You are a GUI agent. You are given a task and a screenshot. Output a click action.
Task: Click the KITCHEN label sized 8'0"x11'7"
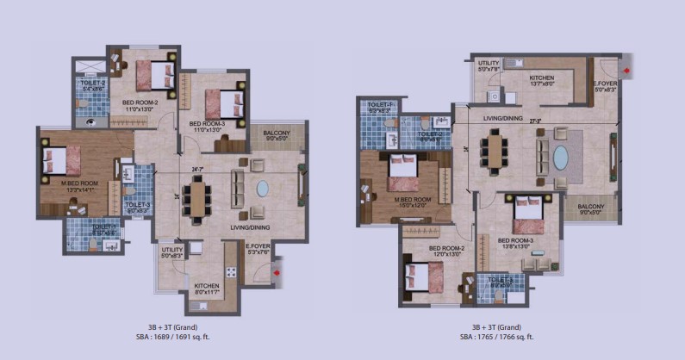coord(206,288)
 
